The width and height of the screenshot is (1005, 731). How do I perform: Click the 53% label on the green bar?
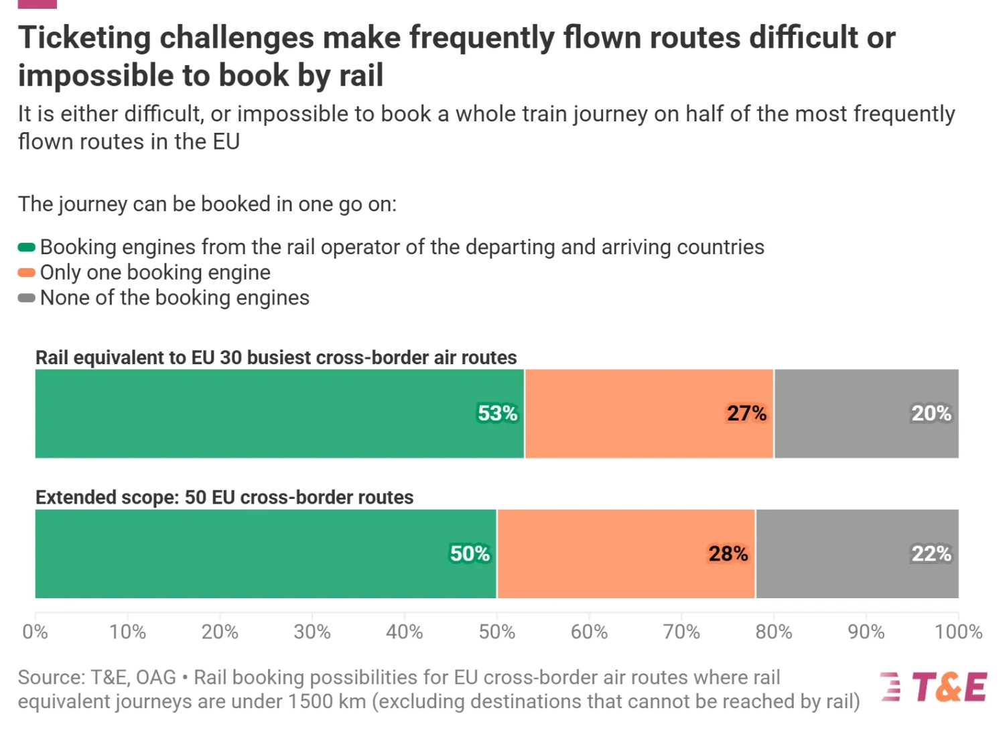497,413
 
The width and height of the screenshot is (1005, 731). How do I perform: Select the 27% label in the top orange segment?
746,413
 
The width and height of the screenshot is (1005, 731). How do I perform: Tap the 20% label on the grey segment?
931,413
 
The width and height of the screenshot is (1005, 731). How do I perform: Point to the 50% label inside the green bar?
470,553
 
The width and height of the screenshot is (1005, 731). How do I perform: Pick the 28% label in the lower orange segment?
728,553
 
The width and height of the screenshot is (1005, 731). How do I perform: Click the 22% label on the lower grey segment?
931,553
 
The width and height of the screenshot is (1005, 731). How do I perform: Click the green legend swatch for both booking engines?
26,247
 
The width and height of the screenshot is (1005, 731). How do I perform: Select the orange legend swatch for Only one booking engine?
26,272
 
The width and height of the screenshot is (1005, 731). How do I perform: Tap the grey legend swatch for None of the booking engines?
26,298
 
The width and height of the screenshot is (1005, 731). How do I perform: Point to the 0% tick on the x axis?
35,632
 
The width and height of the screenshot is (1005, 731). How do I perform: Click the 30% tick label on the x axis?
312,632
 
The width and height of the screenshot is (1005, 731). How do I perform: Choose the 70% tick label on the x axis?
681,632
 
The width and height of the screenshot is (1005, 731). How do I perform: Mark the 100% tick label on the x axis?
958,632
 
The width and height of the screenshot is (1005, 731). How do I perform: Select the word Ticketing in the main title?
84,38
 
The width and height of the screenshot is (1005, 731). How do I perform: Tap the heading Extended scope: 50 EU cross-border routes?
224,497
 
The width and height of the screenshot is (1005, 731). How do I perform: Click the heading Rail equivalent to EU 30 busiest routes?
276,357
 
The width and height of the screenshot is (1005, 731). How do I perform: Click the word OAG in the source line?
155,677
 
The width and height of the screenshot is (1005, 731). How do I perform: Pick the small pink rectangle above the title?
38,4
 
